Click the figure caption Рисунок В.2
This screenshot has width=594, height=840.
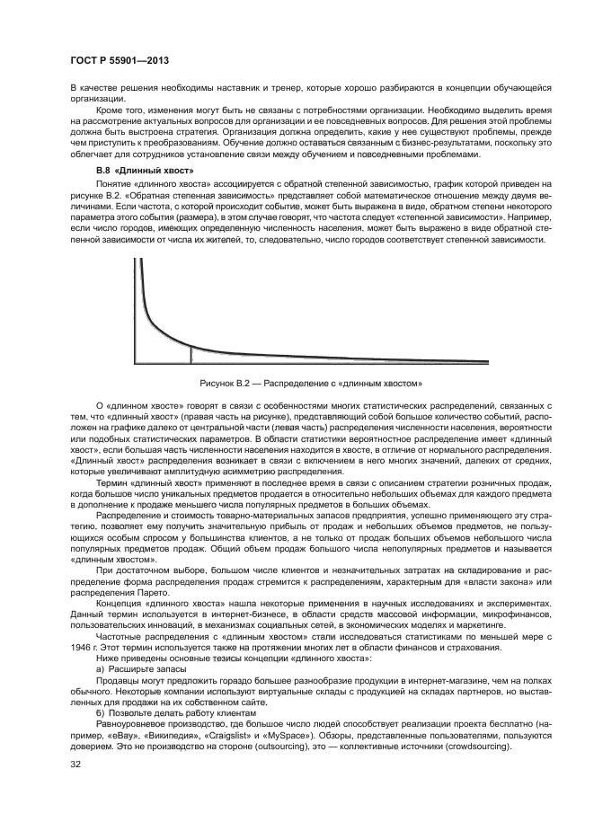pyautogui.click(x=297, y=385)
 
